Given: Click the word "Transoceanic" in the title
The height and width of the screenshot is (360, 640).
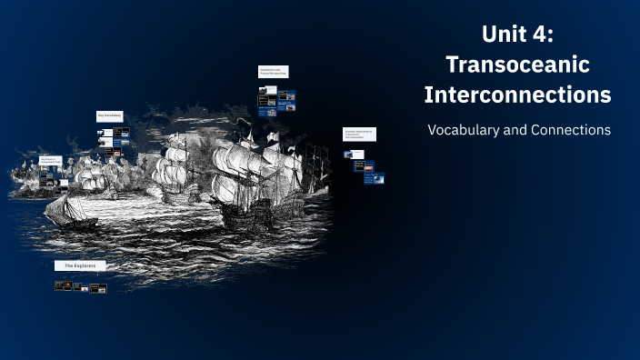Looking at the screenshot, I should (x=517, y=65).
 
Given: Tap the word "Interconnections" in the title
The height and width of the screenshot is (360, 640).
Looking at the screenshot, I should (x=517, y=94).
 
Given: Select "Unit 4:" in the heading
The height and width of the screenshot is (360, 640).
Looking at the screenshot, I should (x=517, y=35).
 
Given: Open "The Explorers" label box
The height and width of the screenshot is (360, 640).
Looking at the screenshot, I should (x=81, y=265).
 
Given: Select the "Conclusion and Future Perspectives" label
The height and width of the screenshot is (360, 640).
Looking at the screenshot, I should (x=274, y=72).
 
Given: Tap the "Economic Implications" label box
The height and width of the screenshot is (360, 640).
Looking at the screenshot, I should (x=359, y=134).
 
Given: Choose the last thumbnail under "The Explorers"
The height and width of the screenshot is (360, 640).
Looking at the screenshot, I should (x=98, y=289).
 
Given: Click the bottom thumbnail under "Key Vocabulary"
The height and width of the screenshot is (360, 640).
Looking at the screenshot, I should (x=107, y=153).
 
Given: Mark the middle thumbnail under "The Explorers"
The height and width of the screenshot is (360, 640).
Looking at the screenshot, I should (x=79, y=286).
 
